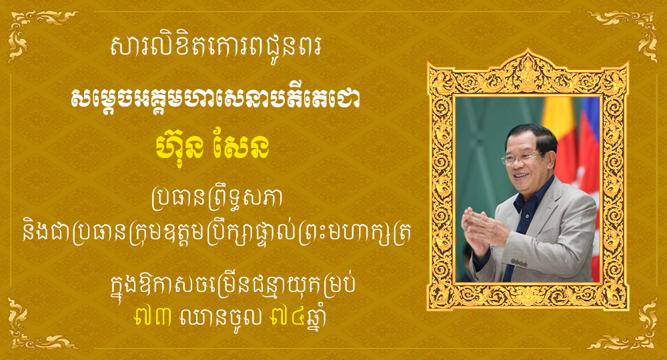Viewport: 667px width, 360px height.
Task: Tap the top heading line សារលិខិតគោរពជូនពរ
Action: coord(215,47)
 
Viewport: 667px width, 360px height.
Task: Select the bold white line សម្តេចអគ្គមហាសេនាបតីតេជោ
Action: coord(215,99)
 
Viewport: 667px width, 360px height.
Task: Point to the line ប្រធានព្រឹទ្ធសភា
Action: coord(217,199)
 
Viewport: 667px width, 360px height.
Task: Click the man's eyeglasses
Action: coord(521,157)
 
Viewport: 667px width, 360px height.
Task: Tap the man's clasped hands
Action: coord(483,227)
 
